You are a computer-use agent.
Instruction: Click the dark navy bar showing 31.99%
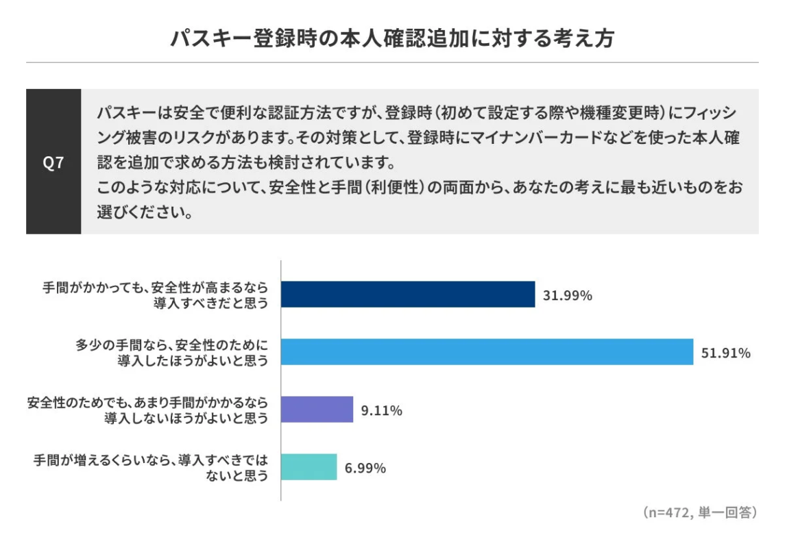click(x=408, y=295)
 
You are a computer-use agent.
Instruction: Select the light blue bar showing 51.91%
click(x=487, y=352)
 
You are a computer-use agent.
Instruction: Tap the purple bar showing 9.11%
click(x=317, y=410)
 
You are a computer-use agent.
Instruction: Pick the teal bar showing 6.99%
click(x=309, y=467)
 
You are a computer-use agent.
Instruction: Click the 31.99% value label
click(x=568, y=296)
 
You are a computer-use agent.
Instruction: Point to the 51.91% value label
click(x=726, y=353)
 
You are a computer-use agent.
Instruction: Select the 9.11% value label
click(x=381, y=411)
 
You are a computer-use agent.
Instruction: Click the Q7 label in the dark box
click(x=53, y=162)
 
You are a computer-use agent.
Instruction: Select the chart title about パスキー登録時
click(x=392, y=38)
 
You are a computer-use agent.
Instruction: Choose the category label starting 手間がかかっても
click(x=155, y=295)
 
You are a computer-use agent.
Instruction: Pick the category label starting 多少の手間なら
click(x=171, y=352)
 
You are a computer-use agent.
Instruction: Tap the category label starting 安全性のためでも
click(x=147, y=410)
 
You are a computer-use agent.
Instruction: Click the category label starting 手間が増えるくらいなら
click(x=151, y=467)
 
